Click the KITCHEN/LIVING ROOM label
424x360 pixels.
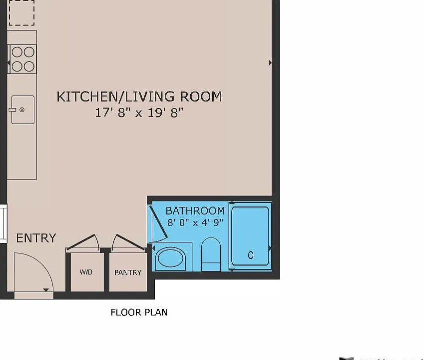[139, 96]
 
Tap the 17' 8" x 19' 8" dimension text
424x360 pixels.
[139, 112]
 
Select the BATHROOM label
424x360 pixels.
[195, 210]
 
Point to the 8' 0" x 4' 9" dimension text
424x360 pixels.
[195, 222]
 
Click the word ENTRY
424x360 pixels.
[36, 238]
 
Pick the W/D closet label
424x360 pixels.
[86, 272]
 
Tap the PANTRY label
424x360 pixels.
[128, 272]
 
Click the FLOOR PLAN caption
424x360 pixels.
[139, 312]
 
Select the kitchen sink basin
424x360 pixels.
[23, 109]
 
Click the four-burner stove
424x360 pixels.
[22, 59]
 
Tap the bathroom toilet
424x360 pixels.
[211, 254]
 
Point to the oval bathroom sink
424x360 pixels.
[170, 257]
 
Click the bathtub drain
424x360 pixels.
[251, 254]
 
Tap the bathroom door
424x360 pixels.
[158, 223]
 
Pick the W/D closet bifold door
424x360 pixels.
[83, 241]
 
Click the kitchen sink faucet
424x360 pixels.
[12, 109]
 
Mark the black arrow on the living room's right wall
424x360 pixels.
[270, 63]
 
